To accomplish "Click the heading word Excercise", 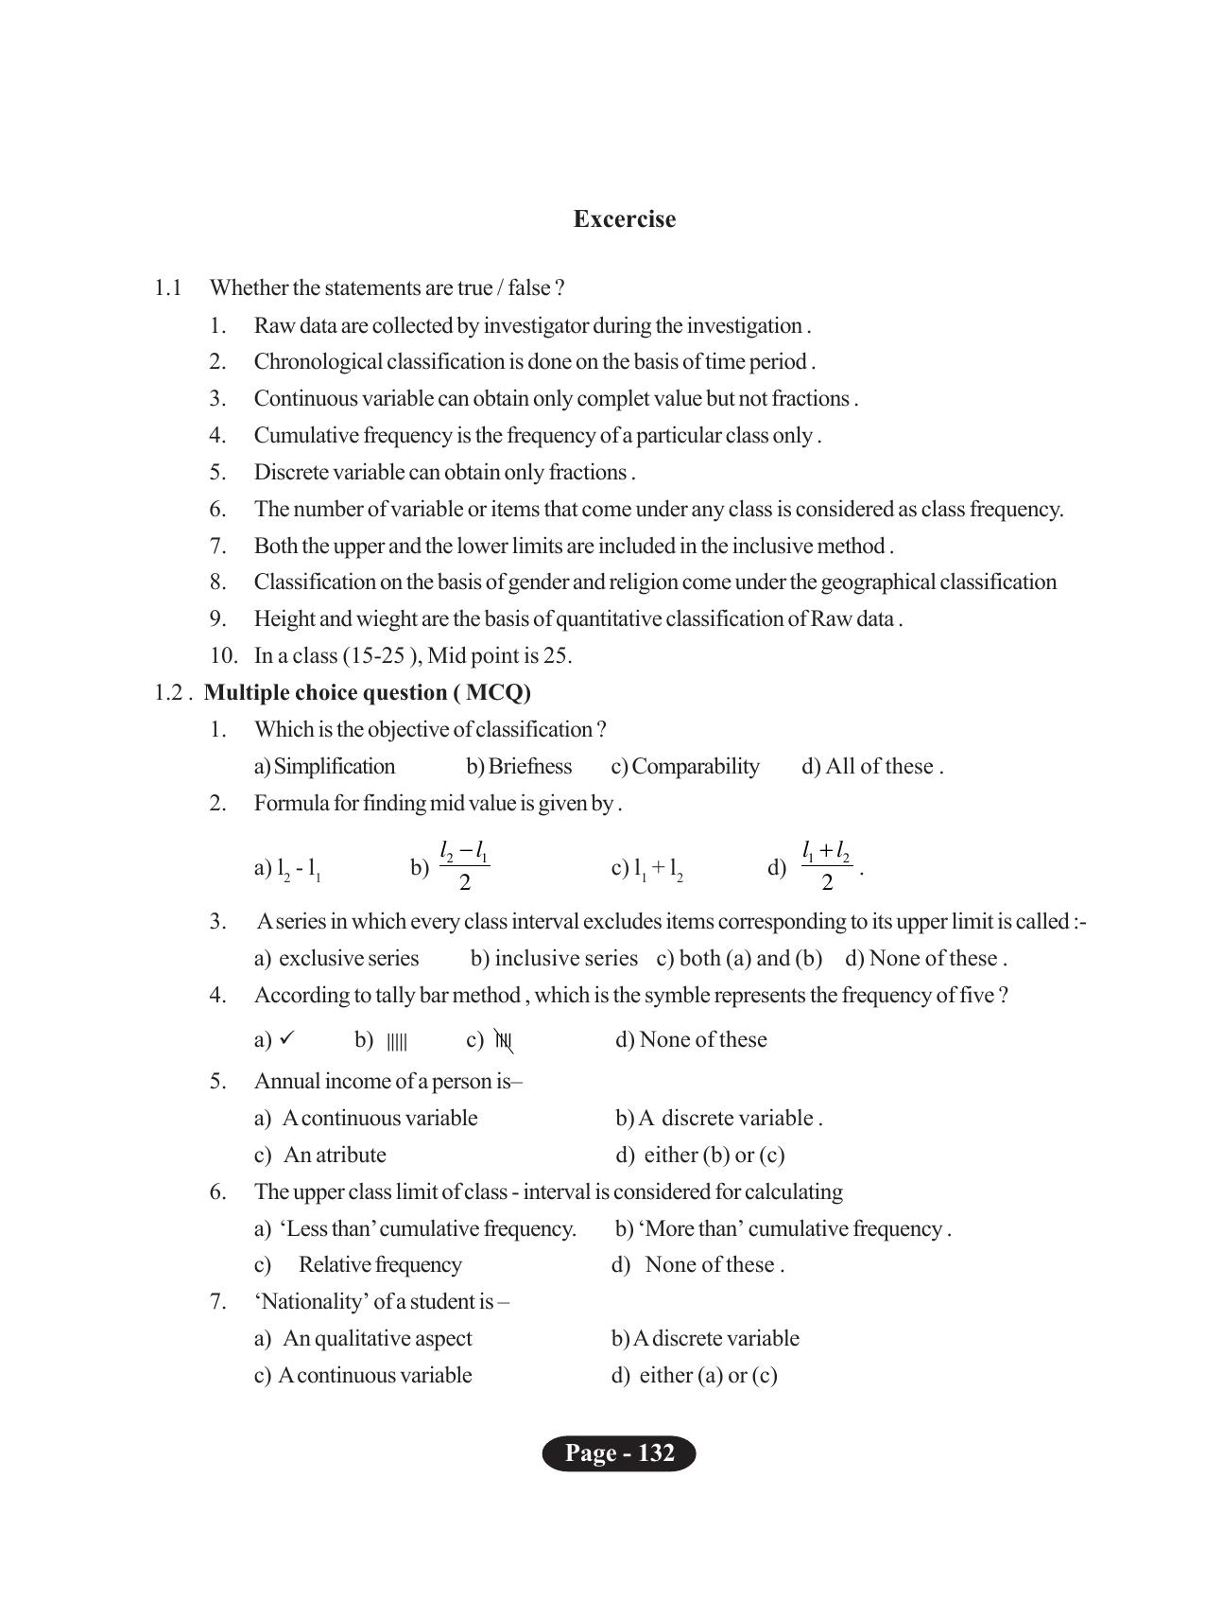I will [624, 219].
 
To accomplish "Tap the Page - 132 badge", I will [619, 1452].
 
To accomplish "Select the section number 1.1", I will [167, 287].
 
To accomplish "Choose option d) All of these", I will [871, 766].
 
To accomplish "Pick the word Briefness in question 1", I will [529, 766].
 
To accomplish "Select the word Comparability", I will [695, 766].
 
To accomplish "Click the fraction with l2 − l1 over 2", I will [464, 866].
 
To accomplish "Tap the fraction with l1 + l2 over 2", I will [826, 866].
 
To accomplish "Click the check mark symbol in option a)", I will [287, 1038].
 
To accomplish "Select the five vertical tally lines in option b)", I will [397, 1042].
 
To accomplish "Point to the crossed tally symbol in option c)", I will [504, 1042].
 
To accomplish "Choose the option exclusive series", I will [349, 959].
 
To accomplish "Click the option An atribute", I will [335, 1155].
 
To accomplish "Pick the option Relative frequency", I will [380, 1265].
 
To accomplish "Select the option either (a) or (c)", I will [708, 1376].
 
